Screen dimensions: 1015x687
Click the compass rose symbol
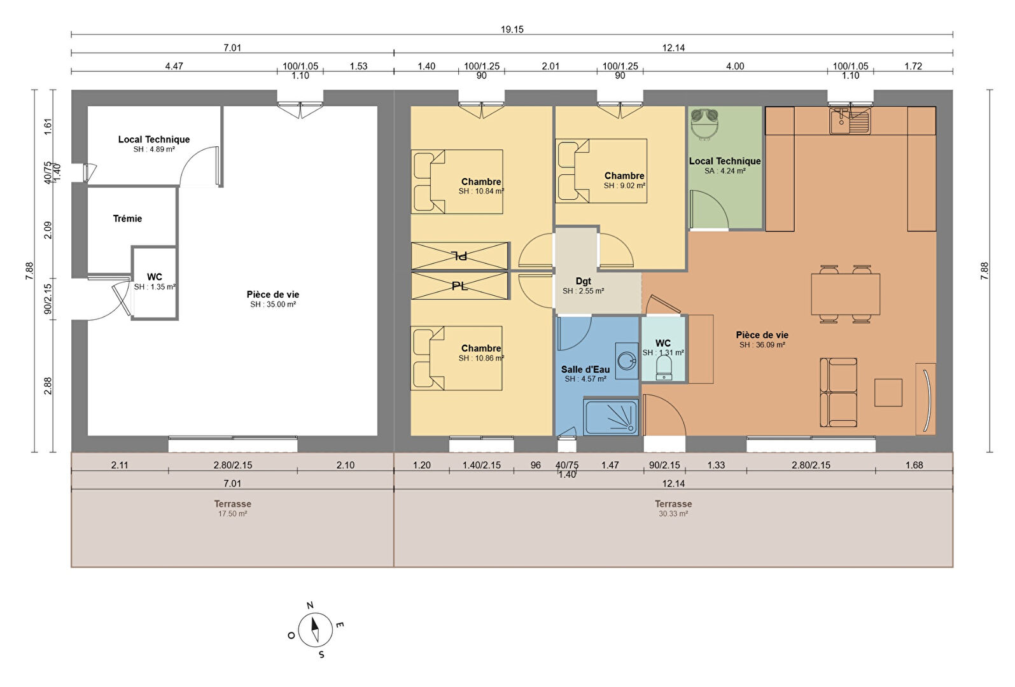tap(316, 630)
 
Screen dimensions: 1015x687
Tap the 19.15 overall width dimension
tap(512, 29)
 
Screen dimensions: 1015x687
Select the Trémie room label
tap(127, 219)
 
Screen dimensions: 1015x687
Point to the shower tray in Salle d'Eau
tap(611, 417)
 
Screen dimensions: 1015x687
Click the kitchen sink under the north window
tap(850, 121)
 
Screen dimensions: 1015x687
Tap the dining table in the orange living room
tap(846, 295)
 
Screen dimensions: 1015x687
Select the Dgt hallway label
tap(583, 281)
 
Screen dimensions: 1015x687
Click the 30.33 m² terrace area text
tap(673, 514)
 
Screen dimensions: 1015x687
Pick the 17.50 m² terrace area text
tap(232, 514)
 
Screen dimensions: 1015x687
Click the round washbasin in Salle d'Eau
tap(627, 361)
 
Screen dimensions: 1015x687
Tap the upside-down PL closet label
tap(460, 256)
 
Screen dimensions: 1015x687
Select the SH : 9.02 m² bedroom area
tap(624, 186)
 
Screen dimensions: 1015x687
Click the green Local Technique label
tap(725, 161)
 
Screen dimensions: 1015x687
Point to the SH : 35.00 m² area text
tap(273, 305)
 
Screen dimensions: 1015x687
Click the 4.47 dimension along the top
tap(174, 67)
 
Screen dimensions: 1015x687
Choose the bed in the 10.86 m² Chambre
tap(456, 358)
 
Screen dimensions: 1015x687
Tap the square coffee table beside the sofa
tap(888, 392)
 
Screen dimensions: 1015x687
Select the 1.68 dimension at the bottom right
tap(914, 465)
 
